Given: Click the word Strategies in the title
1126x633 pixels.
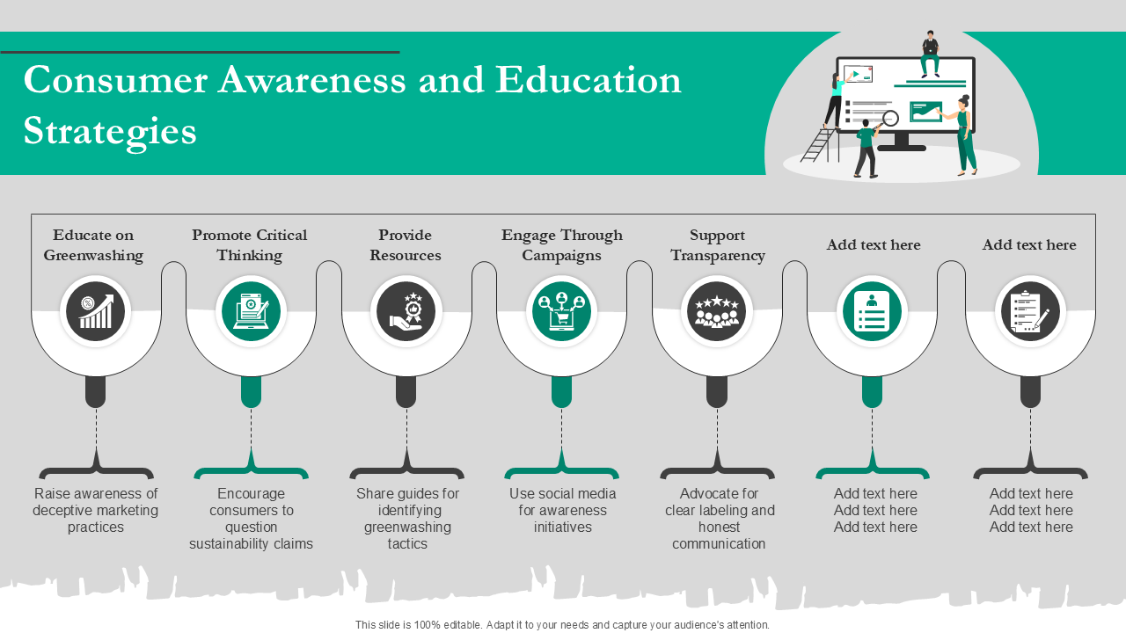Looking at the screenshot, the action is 110,132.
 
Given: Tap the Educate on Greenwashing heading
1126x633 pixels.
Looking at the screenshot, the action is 93,245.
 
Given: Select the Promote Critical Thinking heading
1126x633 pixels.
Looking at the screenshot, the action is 249,245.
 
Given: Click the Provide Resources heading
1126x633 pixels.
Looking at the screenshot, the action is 406,245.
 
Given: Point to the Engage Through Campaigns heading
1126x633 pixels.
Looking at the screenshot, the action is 561,245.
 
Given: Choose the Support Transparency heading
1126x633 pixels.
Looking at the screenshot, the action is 718,245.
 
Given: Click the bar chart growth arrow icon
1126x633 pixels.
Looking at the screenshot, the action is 96,311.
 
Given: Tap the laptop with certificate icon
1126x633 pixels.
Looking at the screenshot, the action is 251,311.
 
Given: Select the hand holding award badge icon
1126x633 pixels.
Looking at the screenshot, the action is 406,311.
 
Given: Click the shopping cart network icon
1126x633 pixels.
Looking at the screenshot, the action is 561,311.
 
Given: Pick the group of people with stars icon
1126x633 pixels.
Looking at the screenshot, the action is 717,311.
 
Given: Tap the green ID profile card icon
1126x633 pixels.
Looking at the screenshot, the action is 872,311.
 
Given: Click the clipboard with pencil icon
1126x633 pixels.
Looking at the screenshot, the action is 1030,311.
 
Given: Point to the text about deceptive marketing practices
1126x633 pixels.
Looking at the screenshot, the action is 96,510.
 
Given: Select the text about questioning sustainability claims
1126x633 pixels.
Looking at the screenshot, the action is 251,519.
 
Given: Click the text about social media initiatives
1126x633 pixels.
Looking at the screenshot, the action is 562,510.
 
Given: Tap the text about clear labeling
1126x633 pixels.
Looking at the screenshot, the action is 720,519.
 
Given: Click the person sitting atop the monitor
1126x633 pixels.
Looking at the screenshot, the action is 930,54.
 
